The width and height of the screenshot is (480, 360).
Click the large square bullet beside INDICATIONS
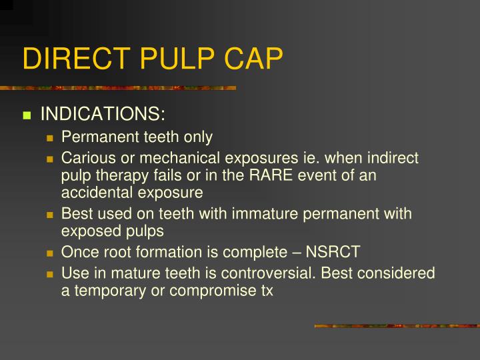(x=27, y=115)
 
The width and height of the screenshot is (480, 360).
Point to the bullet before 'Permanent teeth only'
(x=50, y=139)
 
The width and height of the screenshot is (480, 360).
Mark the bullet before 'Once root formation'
(x=50, y=254)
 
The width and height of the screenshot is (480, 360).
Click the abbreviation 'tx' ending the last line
(x=267, y=291)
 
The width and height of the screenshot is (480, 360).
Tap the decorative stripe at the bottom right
(x=397, y=326)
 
